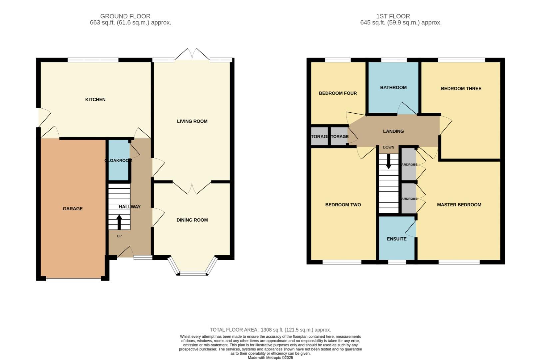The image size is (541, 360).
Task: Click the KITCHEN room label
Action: pyautogui.click(x=95, y=99)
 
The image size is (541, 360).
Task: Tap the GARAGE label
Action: pyautogui.click(x=73, y=209)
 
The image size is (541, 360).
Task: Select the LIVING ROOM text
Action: pyautogui.click(x=192, y=121)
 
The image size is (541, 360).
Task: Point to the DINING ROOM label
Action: pyautogui.click(x=192, y=220)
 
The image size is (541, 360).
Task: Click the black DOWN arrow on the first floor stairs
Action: pyautogui.click(x=388, y=162)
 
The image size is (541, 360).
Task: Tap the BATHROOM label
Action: pyautogui.click(x=393, y=87)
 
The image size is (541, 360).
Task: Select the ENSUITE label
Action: pyautogui.click(x=396, y=239)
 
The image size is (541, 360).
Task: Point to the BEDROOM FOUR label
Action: pyautogui.click(x=337, y=93)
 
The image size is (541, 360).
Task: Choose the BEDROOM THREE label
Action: pyautogui.click(x=461, y=88)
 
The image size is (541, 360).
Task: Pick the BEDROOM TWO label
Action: pyautogui.click(x=343, y=205)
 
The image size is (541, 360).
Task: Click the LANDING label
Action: pyautogui.click(x=393, y=131)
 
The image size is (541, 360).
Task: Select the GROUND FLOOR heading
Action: pyautogui.click(x=125, y=16)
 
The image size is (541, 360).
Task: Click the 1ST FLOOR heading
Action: pyautogui.click(x=393, y=16)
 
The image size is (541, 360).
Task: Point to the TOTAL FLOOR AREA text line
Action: pyautogui.click(x=270, y=330)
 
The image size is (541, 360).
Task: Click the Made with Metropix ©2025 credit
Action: pyautogui.click(x=270, y=358)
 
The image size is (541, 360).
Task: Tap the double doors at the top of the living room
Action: pyautogui.click(x=192, y=55)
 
